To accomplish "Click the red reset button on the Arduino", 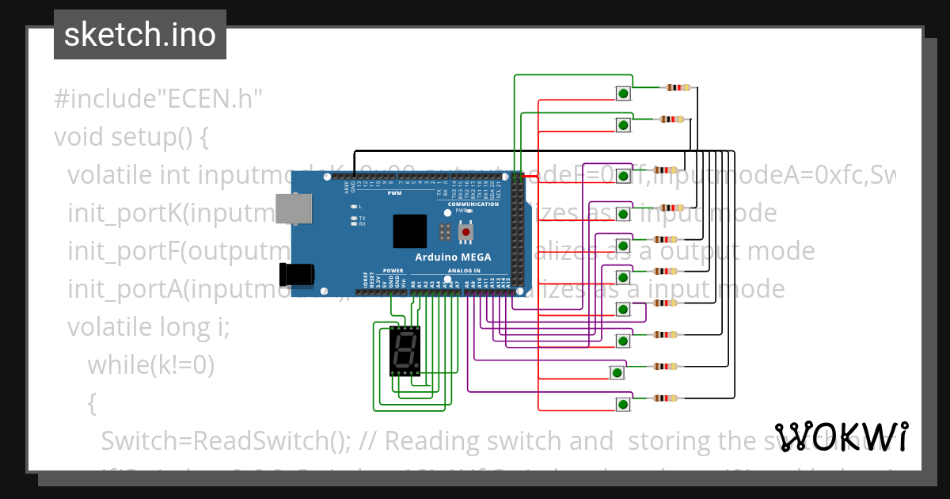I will point(468,232).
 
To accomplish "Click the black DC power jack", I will point(296,274).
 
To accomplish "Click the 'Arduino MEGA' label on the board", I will point(453,257).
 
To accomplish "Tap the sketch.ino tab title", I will point(140,35).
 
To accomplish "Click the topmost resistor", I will point(678,88).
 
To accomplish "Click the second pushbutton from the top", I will point(623,125).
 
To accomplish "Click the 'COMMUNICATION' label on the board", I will point(473,204).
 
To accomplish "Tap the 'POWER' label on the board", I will point(393,270).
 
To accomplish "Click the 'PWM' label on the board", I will point(394,193).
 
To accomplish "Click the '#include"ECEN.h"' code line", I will point(158,100).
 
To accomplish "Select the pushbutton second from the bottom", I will point(617,372).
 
